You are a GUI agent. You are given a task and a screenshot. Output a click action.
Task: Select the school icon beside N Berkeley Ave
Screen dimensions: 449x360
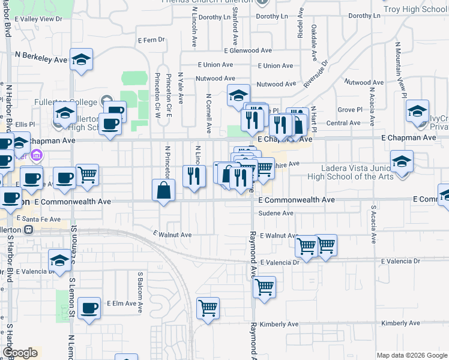pos(81,59)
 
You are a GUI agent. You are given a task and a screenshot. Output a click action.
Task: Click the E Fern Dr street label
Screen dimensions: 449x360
pos(151,40)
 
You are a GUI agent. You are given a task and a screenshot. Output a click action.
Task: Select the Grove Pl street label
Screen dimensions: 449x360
pos(348,110)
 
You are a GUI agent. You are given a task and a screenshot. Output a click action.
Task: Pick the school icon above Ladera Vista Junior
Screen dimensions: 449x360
pos(402,161)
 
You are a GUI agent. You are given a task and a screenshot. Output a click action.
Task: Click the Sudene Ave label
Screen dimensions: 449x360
pos(276,213)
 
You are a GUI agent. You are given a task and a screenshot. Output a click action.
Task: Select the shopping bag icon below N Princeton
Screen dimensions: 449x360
pos(164,191)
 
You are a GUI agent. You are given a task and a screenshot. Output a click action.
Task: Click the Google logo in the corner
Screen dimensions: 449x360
pos(20,353)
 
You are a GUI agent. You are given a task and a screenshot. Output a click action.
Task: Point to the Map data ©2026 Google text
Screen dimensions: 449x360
pos(412,355)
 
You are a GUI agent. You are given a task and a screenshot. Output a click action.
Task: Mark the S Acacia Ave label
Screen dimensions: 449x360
pos(373,224)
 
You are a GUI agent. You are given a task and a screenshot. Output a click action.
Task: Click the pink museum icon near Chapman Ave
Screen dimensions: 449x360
pos(37,157)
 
